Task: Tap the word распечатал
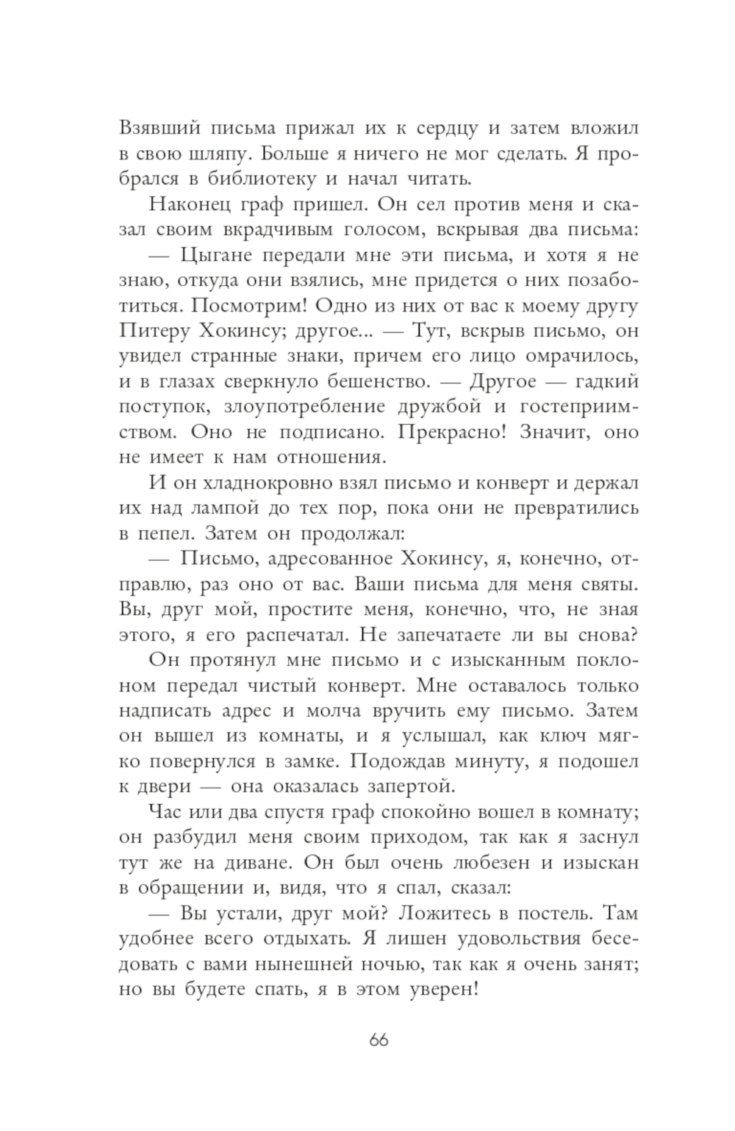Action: [298, 634]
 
